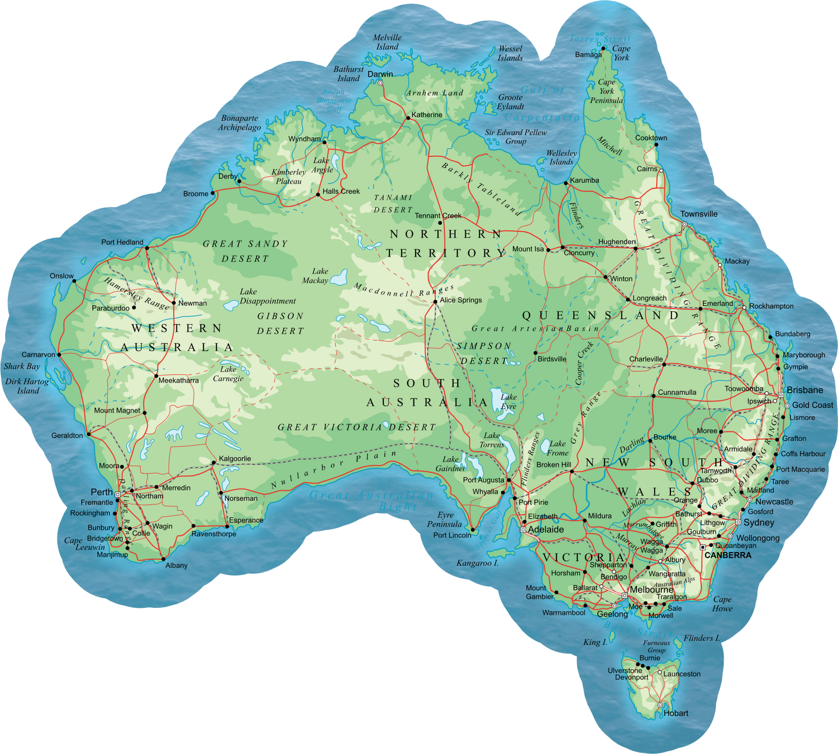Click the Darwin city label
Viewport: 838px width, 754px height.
[380, 74]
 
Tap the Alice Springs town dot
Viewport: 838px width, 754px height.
[435, 302]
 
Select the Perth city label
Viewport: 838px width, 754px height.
[102, 492]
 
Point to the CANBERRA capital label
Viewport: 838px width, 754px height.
[728, 555]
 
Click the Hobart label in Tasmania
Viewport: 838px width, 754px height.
[676, 713]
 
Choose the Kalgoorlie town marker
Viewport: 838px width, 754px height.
[213, 463]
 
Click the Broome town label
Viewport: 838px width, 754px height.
[196, 194]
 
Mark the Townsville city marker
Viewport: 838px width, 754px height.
[684, 224]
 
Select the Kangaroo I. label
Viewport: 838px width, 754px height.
[478, 563]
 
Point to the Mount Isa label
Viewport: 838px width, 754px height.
[528, 249]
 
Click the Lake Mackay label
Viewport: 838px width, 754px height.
[316, 276]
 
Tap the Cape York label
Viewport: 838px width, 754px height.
[621, 53]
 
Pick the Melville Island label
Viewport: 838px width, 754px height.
[387, 42]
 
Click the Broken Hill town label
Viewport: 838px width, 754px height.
[554, 464]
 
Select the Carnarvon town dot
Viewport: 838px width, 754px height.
[59, 354]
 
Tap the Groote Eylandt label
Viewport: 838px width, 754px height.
[511, 102]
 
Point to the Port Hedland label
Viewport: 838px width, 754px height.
[122, 242]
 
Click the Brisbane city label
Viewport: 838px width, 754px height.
[805, 390]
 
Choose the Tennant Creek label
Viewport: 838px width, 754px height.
[438, 215]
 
